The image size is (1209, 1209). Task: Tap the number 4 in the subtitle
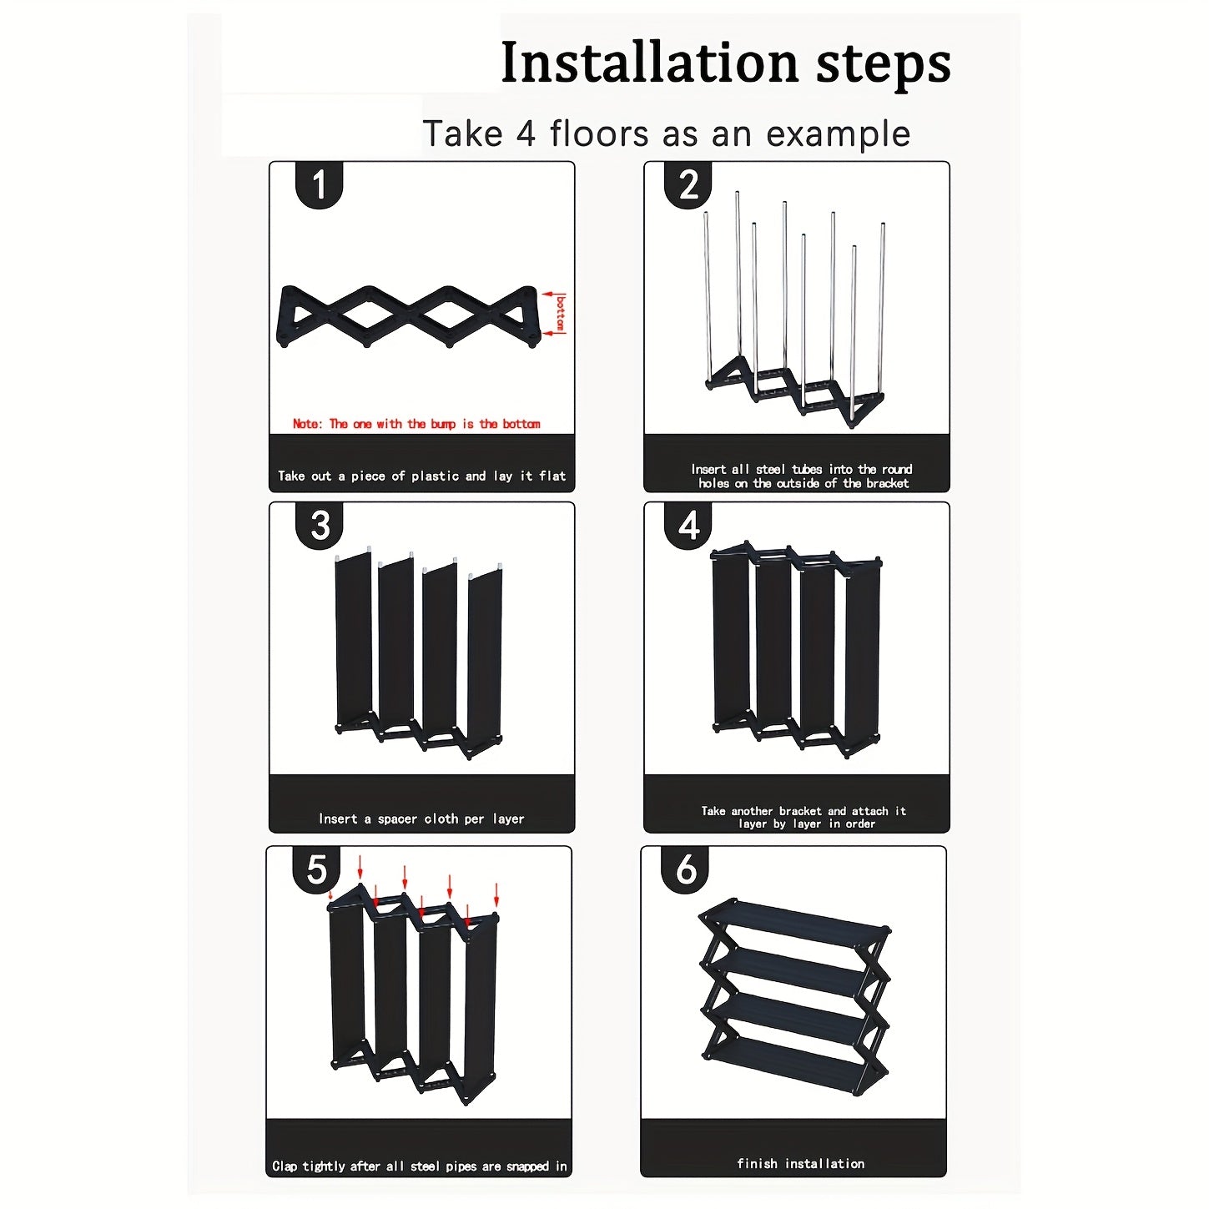click(x=526, y=133)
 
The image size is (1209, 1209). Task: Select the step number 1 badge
click(x=319, y=185)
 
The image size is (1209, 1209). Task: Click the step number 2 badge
click(x=688, y=185)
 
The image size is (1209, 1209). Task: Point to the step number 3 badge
click(x=320, y=526)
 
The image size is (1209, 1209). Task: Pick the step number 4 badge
click(x=688, y=526)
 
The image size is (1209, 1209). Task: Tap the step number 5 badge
click(x=317, y=870)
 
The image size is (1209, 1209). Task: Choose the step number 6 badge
click(x=686, y=870)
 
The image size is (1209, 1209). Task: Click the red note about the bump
click(x=416, y=424)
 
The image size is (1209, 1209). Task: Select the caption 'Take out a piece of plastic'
click(x=421, y=476)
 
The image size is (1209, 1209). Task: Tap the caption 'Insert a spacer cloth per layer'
click(x=421, y=819)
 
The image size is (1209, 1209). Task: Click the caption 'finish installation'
click(x=800, y=1163)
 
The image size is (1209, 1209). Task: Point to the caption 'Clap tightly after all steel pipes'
click(x=419, y=1166)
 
